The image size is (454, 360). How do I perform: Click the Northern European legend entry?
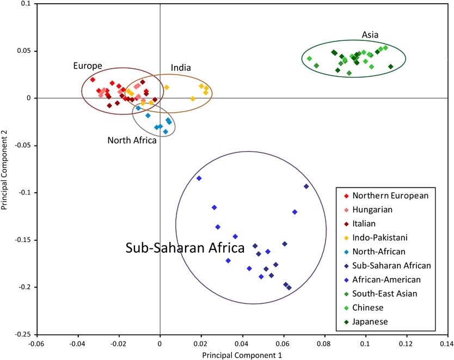coord(390,196)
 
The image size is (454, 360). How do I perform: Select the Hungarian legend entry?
coord(372,209)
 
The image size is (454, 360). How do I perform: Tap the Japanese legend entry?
coord(370,321)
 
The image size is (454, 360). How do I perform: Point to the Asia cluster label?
coord(370,35)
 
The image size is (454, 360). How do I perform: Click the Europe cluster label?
coord(88,66)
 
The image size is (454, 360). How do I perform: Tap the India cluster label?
coord(180,68)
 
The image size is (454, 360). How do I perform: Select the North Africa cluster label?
coord(132,141)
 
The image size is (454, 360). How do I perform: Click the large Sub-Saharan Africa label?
coord(185,248)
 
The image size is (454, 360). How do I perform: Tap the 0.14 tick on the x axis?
coord(447,344)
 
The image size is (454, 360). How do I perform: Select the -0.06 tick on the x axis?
coord(36,344)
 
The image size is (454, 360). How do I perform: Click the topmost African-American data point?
coord(199,178)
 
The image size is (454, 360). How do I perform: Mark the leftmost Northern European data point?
coord(93,80)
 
